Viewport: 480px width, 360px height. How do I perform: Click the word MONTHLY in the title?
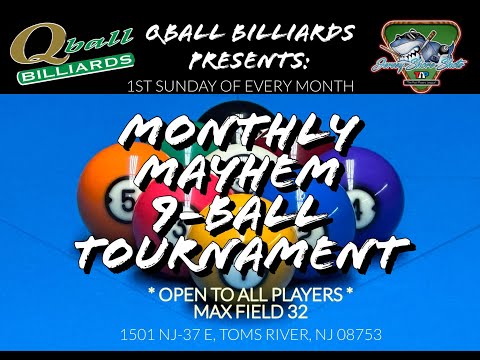[x=240, y=132]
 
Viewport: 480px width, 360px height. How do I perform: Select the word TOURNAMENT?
[x=240, y=253]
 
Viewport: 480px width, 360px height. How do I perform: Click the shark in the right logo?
[x=420, y=45]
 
